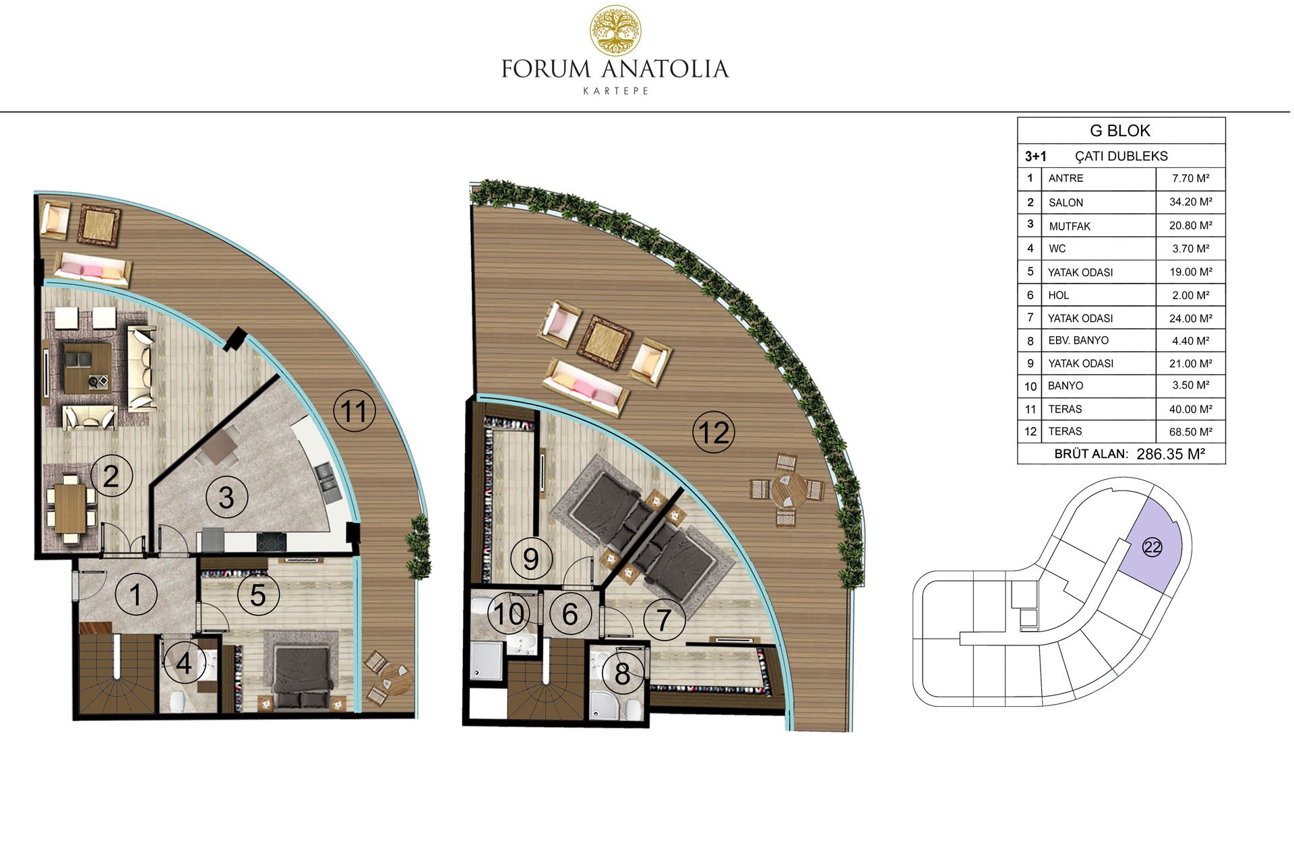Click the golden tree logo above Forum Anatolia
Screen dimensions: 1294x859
point(615,31)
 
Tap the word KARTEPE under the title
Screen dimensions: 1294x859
point(615,91)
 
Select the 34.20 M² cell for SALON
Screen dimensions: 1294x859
point(1190,201)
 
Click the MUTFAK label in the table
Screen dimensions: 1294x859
point(1070,226)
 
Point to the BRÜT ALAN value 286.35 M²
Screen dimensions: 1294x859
point(1171,454)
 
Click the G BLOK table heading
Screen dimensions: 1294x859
point(1120,130)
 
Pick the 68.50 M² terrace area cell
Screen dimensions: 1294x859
point(1190,431)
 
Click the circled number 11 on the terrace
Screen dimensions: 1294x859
point(355,411)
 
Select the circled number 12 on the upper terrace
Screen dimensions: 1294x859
point(714,433)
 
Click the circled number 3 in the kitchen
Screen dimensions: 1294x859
point(226,497)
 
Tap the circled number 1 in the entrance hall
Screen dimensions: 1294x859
point(135,594)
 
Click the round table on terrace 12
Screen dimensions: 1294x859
point(787,490)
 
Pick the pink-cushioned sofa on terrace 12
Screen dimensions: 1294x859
point(584,387)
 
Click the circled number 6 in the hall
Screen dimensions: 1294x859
point(570,614)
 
